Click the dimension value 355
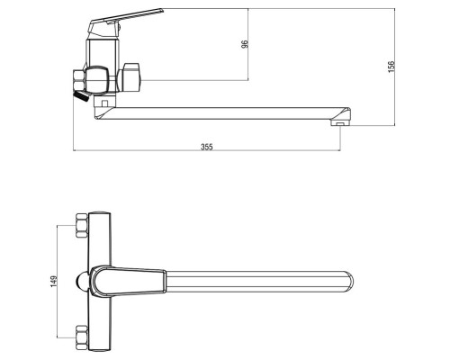pyautogui.click(x=207, y=147)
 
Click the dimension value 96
pyautogui.click(x=245, y=44)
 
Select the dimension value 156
pyautogui.click(x=391, y=67)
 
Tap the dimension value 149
pyautogui.click(x=54, y=281)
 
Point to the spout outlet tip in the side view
pyautogui.click(x=340, y=123)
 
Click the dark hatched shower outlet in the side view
pyautogui.click(x=81, y=95)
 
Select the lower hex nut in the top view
pyautogui.click(x=82, y=337)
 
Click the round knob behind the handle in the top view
pyautogui.click(x=81, y=282)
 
